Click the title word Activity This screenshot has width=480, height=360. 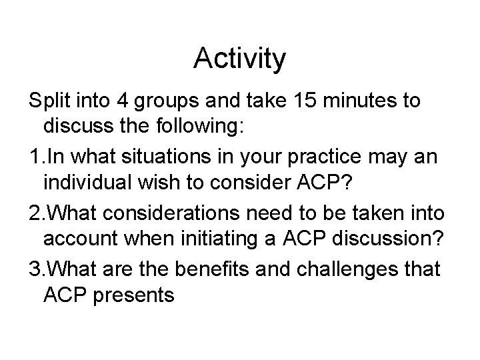click(x=239, y=59)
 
